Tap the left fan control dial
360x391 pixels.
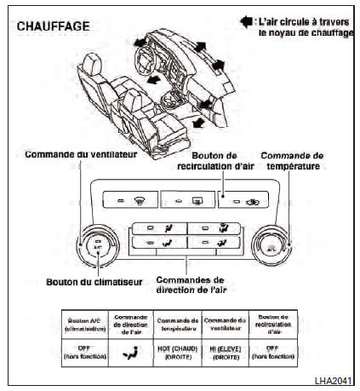click(x=97, y=248)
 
